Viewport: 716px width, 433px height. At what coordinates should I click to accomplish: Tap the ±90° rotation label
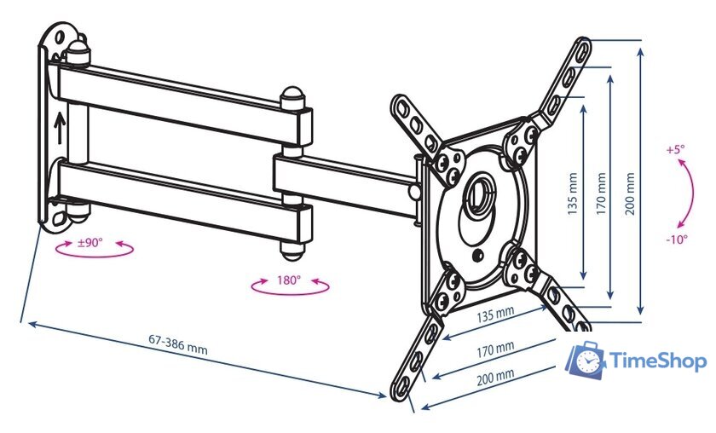[89, 242]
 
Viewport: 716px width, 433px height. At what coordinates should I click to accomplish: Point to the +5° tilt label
[675, 149]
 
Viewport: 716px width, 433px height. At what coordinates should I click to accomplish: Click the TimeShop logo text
[658, 361]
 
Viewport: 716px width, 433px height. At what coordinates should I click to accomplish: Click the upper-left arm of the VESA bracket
[416, 126]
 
